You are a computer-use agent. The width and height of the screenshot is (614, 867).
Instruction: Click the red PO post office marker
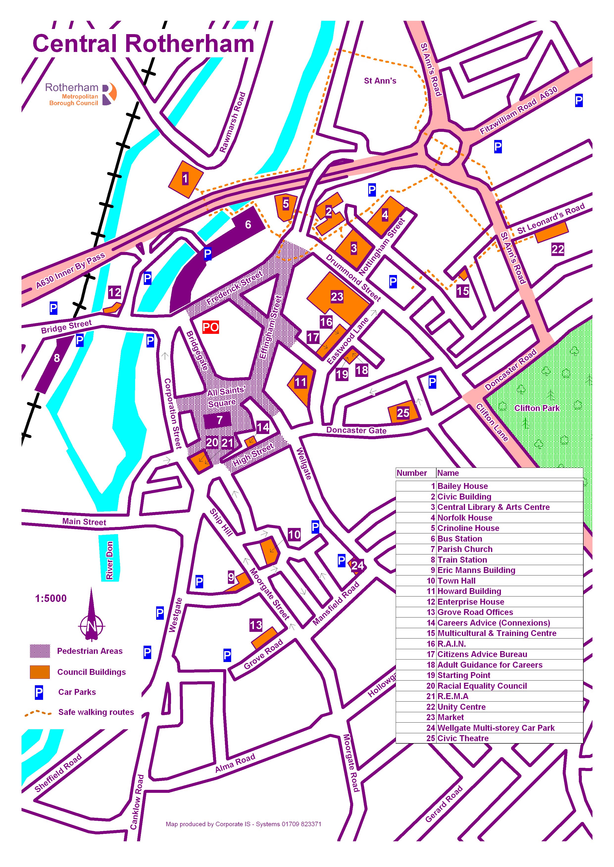(x=211, y=327)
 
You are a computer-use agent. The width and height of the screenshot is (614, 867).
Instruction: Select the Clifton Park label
(x=537, y=408)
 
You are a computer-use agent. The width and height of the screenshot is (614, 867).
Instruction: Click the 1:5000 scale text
(x=51, y=598)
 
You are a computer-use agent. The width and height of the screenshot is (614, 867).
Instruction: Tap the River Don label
(x=110, y=560)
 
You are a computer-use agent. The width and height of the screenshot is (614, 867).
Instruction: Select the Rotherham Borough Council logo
(x=81, y=94)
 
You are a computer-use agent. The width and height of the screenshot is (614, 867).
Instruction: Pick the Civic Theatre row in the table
(x=463, y=738)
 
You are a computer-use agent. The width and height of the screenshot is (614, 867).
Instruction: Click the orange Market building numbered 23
(x=338, y=297)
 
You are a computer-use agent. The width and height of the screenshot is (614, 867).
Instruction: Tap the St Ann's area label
(x=380, y=80)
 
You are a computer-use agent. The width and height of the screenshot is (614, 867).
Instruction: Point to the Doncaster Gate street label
(x=356, y=430)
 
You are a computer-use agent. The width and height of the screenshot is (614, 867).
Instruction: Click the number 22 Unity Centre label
(x=558, y=249)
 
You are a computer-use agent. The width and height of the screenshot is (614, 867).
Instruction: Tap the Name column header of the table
(x=448, y=473)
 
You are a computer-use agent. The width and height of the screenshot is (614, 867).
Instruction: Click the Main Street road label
(x=84, y=522)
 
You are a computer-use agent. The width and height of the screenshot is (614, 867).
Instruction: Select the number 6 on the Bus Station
(x=248, y=224)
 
